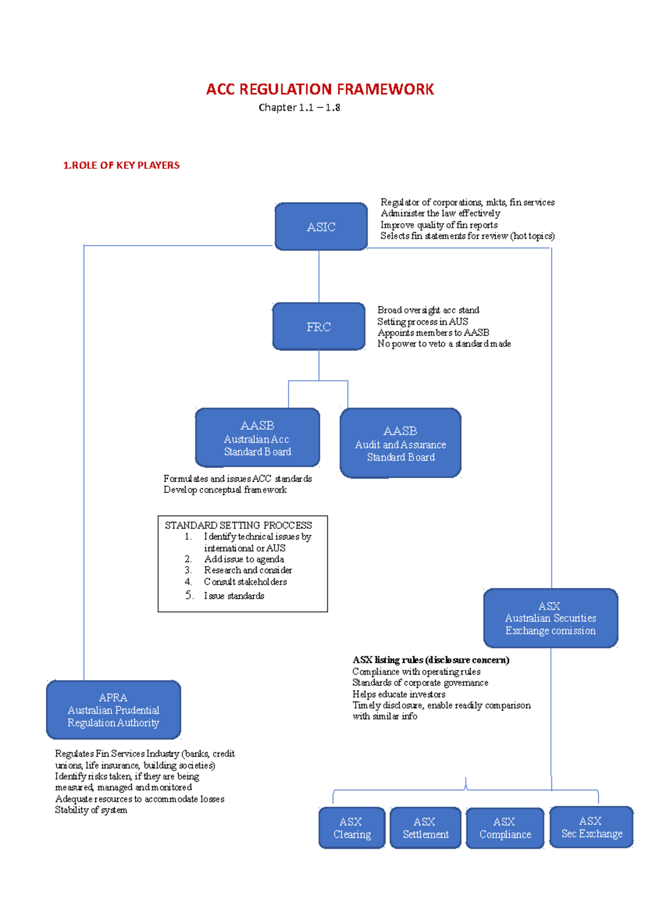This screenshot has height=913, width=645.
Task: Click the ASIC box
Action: [321, 227]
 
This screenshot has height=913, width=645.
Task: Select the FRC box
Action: [319, 327]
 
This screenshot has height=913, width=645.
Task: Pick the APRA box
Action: [113, 710]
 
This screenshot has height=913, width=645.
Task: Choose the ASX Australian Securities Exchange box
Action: [550, 618]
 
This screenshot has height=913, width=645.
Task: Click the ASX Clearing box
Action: [352, 828]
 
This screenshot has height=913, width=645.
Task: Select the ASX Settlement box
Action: [425, 828]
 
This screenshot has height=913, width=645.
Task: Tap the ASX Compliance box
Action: [505, 828]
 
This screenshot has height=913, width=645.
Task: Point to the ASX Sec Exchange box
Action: [591, 827]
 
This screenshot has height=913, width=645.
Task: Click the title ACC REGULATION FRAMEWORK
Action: [320, 89]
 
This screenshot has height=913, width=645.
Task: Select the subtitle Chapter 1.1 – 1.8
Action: [299, 108]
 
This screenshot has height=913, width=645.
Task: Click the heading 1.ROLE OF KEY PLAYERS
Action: [121, 166]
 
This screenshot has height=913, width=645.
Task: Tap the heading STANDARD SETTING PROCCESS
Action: [238, 525]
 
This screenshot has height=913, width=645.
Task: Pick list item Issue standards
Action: [234, 596]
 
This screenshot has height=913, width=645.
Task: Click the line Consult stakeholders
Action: [245, 582]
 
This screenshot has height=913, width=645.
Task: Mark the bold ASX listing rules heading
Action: [431, 660]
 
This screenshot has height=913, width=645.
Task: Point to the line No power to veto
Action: [444, 344]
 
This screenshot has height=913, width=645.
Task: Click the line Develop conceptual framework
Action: [225, 490]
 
